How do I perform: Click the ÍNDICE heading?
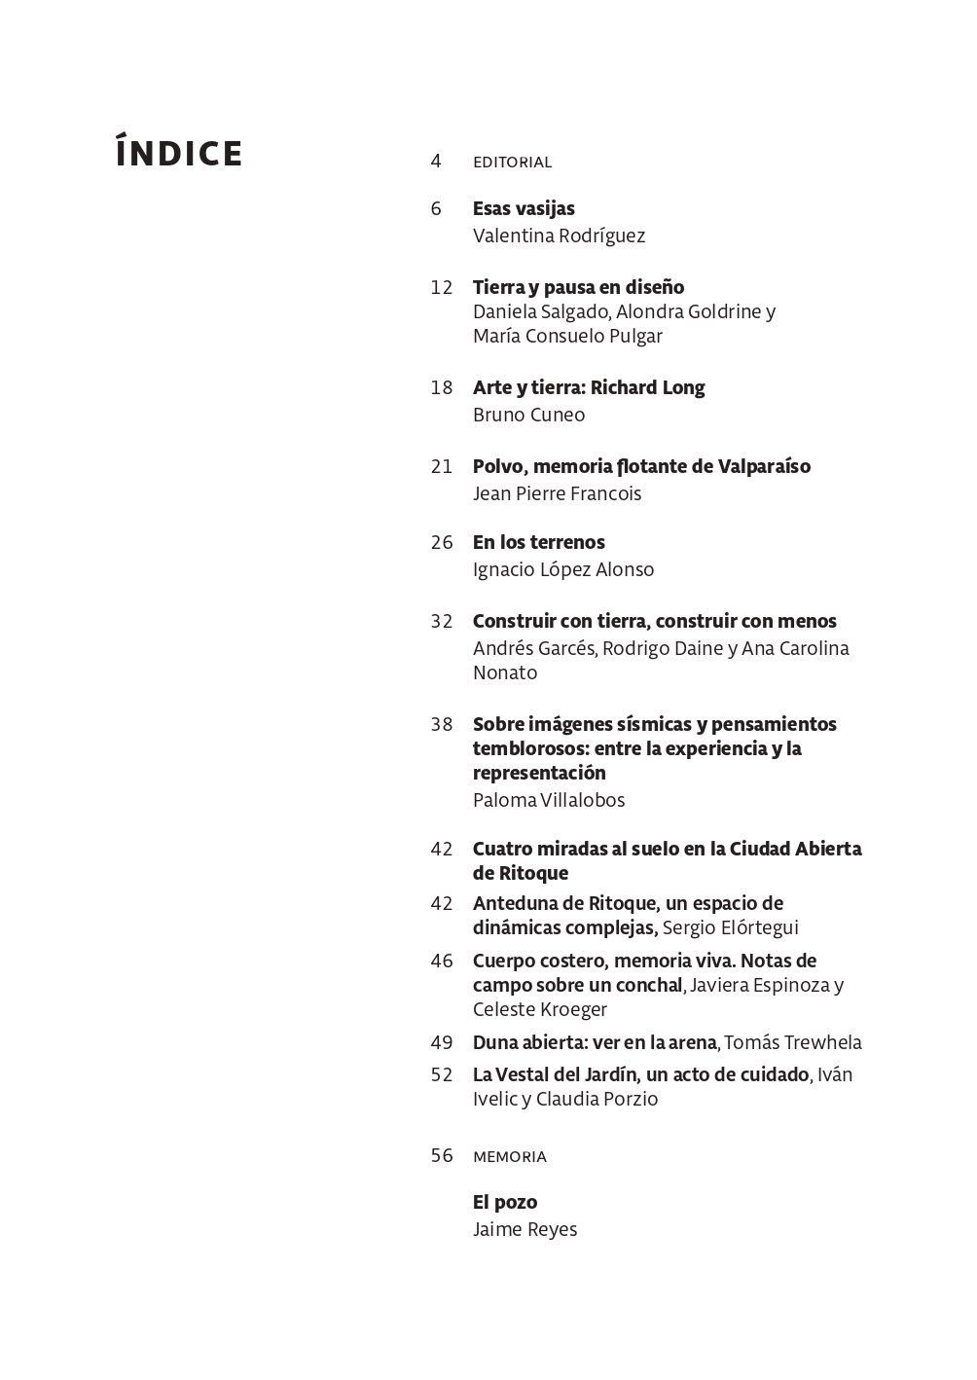tap(179, 154)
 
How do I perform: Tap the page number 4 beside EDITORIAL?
tap(436, 161)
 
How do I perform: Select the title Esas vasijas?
tap(524, 208)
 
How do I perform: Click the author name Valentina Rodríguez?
tap(559, 236)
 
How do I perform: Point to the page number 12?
tap(442, 287)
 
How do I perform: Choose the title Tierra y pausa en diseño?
tap(578, 287)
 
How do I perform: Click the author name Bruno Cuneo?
tap(528, 415)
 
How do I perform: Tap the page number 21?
tap(442, 466)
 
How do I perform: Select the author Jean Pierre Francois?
tap(557, 493)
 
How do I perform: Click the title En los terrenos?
tap(538, 542)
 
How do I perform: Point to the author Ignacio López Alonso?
tap(563, 569)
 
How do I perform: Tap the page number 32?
tap(442, 621)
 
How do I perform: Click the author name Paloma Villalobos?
tap(549, 800)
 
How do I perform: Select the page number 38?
tap(442, 724)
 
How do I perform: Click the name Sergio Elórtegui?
tap(730, 927)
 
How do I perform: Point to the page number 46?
tap(442, 961)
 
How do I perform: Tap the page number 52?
tap(442, 1074)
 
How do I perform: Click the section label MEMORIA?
tap(510, 1156)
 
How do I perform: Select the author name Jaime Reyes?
tap(525, 1229)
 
